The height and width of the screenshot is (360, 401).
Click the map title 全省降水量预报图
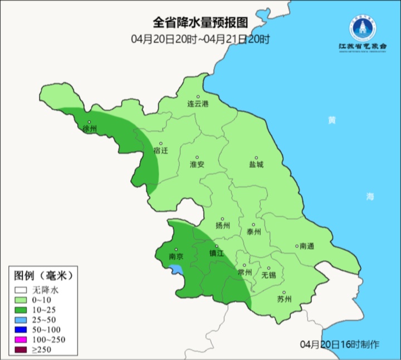[200, 23]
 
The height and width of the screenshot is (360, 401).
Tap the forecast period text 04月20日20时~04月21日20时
[200, 39]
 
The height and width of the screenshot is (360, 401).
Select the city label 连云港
[197, 104]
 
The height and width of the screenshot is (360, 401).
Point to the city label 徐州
[90, 129]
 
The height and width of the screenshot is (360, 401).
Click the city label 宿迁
[160, 151]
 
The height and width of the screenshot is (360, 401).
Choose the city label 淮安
[197, 165]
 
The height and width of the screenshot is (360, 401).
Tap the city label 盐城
[256, 165]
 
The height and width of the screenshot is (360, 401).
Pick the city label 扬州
[222, 226]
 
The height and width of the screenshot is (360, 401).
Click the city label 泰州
[253, 232]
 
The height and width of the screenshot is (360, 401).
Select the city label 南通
[306, 246]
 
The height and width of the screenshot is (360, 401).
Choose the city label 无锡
[268, 275]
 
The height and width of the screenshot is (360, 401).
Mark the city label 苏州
[284, 299]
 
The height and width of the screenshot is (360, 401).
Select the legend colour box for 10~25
[21, 309]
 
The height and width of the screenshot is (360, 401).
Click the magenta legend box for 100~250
[21, 339]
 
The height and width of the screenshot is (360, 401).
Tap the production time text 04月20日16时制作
[339, 344]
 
